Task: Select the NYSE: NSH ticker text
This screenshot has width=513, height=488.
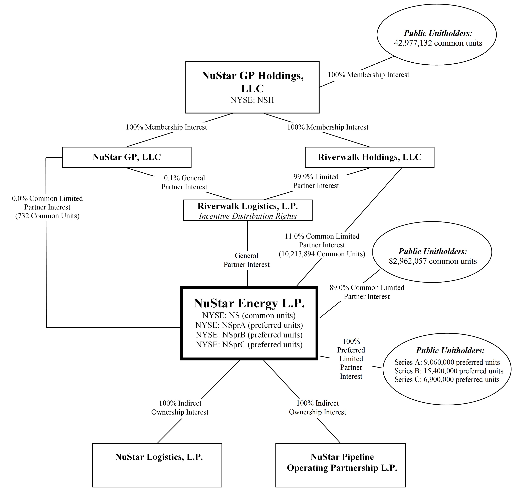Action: point(252,100)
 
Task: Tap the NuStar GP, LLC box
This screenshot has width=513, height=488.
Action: point(127,157)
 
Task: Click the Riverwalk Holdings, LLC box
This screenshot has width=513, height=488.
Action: point(369,157)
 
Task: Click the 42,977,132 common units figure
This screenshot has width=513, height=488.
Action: point(438,43)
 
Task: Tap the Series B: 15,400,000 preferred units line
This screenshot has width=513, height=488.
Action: point(449,371)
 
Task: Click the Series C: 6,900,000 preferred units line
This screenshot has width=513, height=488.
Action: point(447,380)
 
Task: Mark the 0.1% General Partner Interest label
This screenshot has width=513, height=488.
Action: point(184,182)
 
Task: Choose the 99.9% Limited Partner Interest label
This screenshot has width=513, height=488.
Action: point(316,181)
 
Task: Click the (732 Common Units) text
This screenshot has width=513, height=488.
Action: point(47,216)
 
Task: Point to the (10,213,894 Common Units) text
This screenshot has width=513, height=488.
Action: point(322,254)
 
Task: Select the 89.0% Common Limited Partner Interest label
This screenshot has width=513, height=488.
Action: point(367,292)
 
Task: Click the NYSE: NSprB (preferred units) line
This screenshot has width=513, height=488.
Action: point(249,335)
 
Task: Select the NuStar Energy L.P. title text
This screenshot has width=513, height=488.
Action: point(249,303)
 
